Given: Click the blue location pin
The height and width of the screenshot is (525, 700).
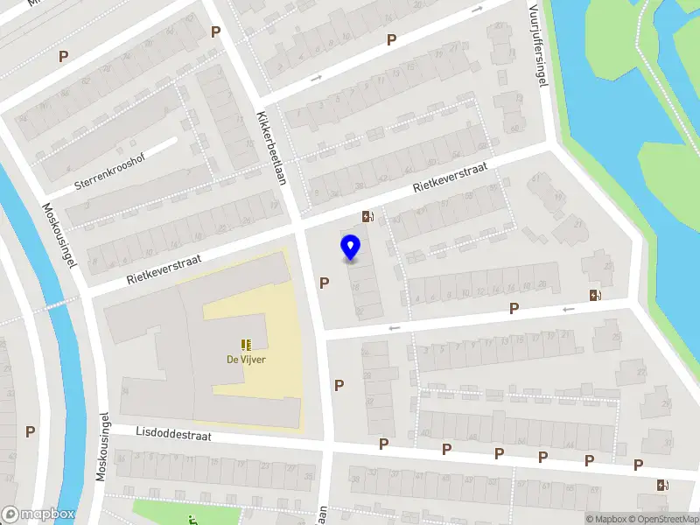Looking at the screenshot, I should coord(350,247).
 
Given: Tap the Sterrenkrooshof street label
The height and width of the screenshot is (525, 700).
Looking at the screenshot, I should coord(109,171).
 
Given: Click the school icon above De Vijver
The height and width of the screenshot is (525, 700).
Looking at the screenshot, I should coord(247,344).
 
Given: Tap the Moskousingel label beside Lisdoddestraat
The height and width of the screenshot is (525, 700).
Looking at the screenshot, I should coord(102,447).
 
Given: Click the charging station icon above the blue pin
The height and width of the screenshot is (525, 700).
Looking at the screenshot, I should coord(367,217).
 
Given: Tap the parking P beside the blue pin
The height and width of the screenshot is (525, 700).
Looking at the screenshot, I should coord(325,283).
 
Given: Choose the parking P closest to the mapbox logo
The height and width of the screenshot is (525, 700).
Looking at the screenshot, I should coord(31,431).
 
